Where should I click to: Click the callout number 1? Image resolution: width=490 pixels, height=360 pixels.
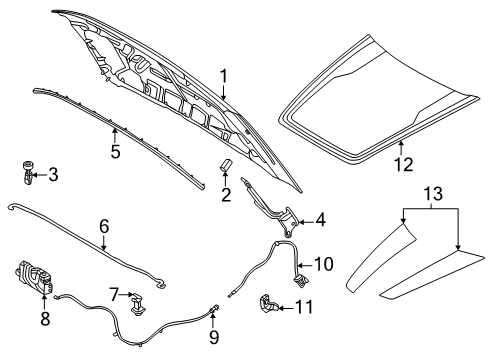tap(225, 74)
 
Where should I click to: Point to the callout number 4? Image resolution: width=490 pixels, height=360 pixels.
tap(320, 219)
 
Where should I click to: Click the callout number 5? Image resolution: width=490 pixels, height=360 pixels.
tap(116, 153)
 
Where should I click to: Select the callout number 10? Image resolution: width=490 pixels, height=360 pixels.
tap(323, 264)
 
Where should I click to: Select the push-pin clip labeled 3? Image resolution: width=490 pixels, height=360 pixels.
tap(25, 174)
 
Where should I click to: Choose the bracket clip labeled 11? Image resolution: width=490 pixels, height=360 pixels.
tap(271, 302)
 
